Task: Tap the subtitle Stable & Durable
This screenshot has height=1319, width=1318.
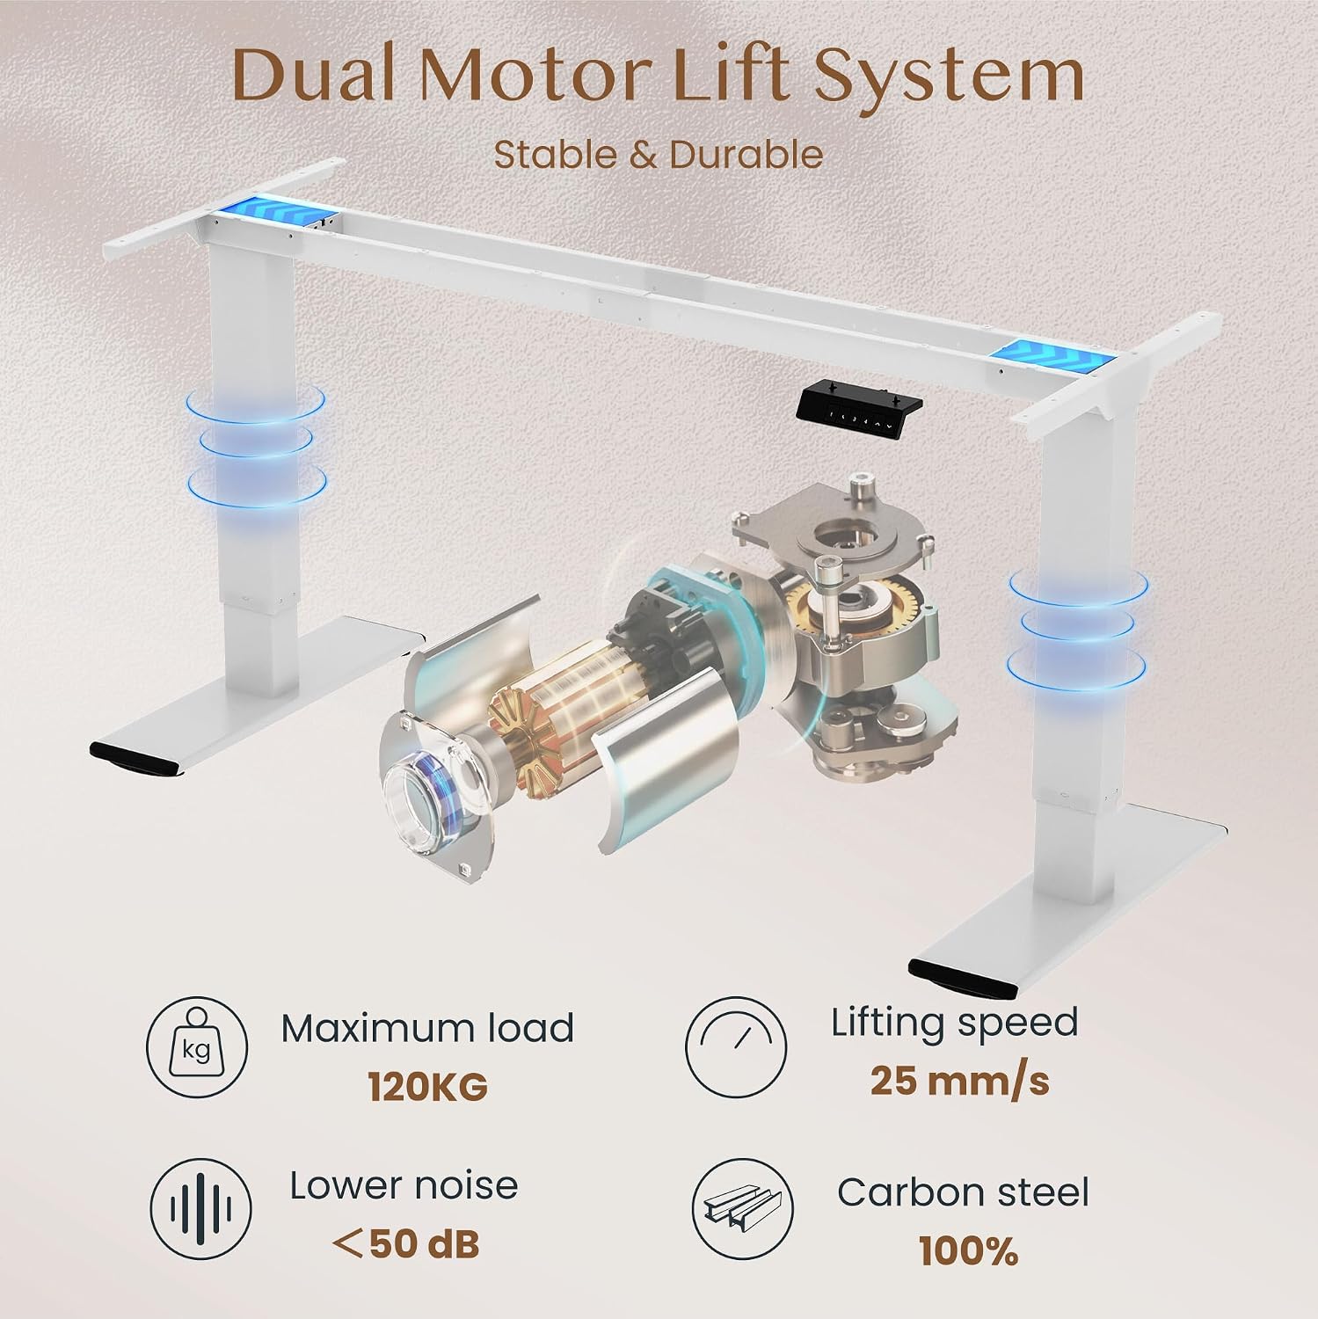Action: tap(659, 155)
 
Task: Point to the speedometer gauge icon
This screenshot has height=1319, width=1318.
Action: tap(736, 1047)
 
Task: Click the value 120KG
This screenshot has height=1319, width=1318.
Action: tap(427, 1088)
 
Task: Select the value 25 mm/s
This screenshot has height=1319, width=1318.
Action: tap(959, 1081)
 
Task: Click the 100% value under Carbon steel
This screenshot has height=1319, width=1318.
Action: tap(968, 1251)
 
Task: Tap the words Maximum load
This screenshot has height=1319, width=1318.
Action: tap(427, 1028)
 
